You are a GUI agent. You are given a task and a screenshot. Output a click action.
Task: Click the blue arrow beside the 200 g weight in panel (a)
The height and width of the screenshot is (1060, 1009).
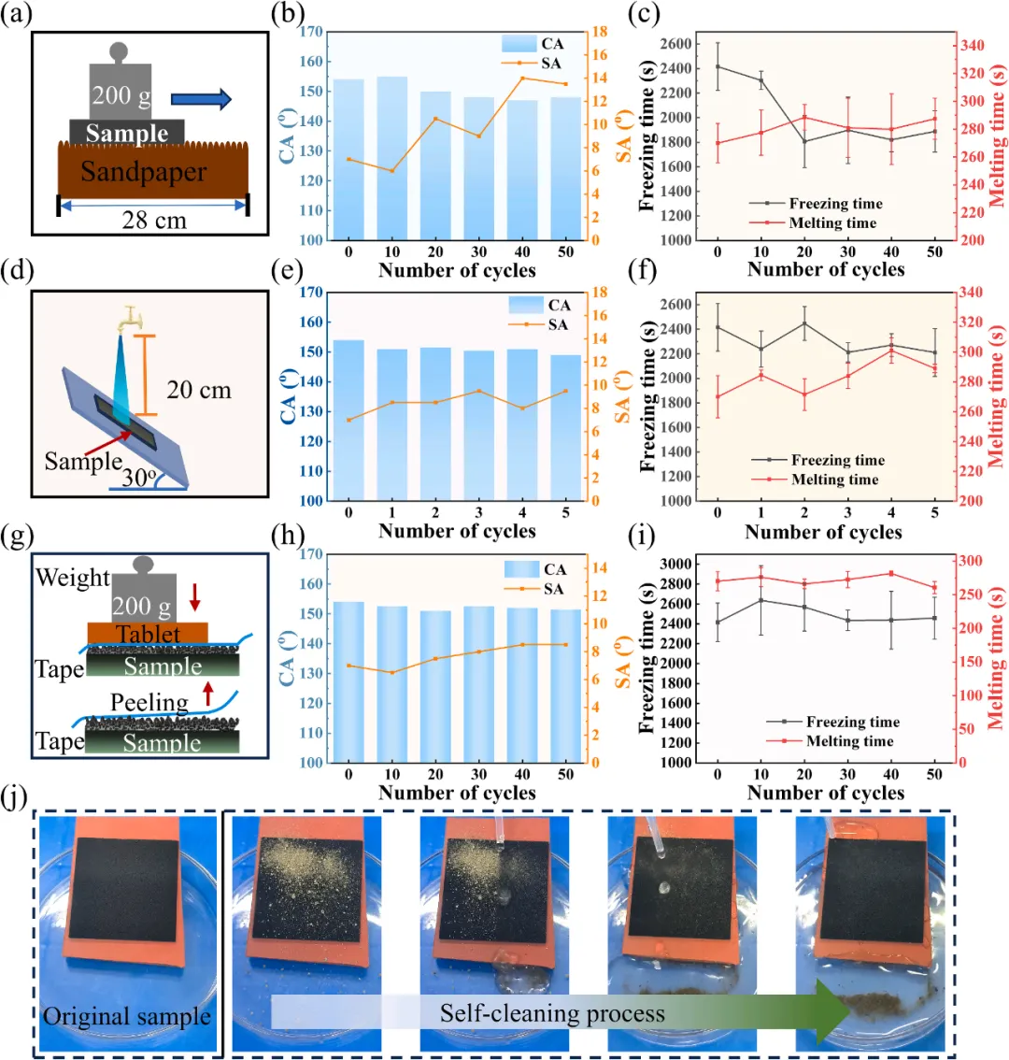201,98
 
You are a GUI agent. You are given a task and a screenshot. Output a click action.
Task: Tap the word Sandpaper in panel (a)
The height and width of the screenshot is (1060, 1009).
143,172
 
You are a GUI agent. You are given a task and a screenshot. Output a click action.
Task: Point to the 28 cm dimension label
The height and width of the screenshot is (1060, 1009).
154,221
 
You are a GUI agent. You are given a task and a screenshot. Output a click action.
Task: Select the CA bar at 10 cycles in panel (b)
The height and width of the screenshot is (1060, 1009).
392,158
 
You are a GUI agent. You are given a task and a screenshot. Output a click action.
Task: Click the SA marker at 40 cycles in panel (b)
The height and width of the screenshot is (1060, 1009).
522,78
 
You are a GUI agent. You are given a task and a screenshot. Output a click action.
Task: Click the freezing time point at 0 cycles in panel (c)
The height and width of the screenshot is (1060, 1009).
718,66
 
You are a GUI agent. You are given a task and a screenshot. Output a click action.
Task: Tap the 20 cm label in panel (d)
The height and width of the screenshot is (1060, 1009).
199,390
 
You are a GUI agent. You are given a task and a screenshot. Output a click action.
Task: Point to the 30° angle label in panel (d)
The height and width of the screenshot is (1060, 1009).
138,478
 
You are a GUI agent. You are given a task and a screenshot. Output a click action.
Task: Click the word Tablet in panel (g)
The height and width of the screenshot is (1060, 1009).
148,635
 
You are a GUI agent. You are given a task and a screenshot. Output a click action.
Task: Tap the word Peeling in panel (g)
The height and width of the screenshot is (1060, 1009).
149,702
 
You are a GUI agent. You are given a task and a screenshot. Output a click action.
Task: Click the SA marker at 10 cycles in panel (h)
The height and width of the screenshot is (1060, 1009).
392,672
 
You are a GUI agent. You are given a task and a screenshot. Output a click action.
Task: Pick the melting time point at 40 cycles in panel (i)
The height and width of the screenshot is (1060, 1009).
891,573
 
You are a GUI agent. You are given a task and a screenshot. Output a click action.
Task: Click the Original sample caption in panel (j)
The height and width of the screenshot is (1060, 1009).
127,1016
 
